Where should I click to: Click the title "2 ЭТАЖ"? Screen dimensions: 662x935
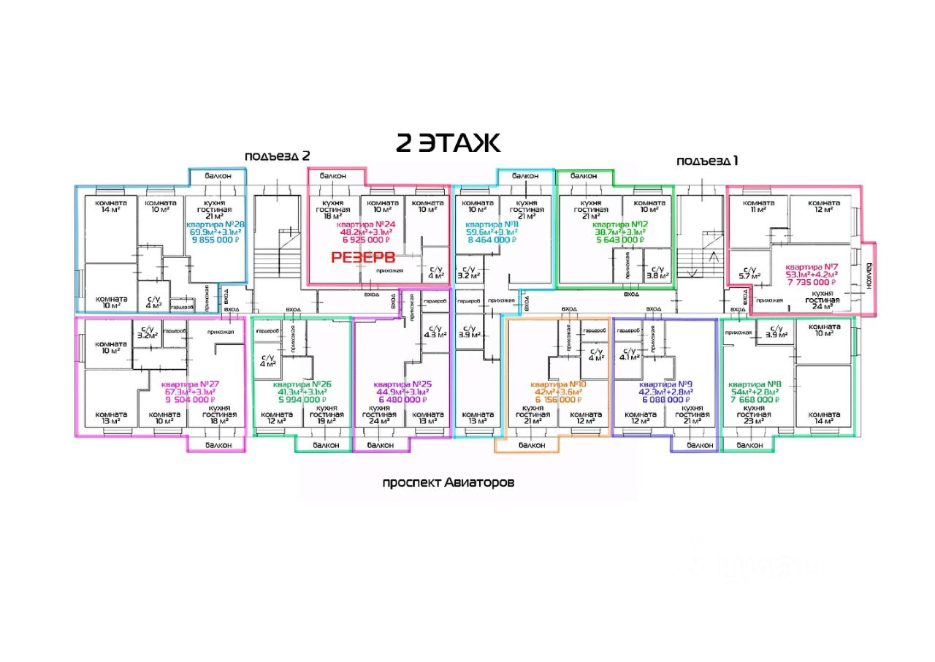(x=448, y=143)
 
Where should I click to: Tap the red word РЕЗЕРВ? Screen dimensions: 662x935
(x=363, y=257)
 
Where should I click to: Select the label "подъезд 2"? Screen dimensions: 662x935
(x=278, y=156)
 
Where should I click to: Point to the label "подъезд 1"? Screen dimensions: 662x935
(x=707, y=161)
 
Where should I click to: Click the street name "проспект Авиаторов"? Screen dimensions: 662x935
(x=449, y=483)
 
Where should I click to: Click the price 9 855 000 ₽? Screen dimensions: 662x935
(x=215, y=239)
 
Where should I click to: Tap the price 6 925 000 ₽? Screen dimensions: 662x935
(x=366, y=239)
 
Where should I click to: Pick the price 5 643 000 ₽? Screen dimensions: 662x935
(x=619, y=239)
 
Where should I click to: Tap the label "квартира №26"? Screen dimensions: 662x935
(x=302, y=384)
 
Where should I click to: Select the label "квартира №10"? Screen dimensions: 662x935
(x=557, y=384)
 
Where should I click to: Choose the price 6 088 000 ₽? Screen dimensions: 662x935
(x=665, y=400)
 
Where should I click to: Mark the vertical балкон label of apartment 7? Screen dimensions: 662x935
(x=869, y=276)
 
